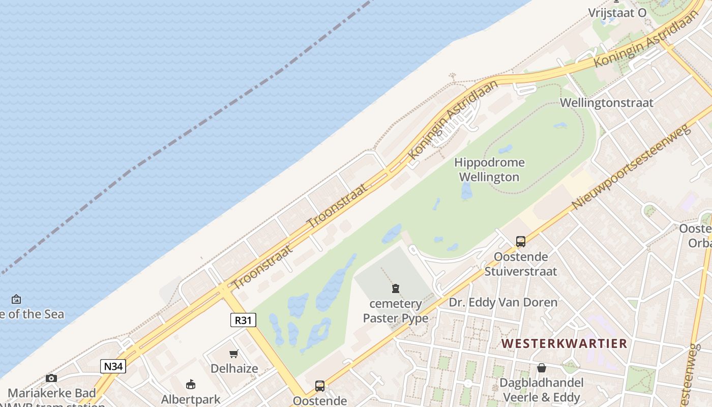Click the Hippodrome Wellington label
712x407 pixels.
489,170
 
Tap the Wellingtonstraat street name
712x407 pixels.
606,103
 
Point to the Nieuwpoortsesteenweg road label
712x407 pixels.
632,166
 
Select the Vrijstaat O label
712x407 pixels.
617,13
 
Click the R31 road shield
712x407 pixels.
243,320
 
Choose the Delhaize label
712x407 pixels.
234,368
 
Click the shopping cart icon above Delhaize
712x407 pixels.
234,354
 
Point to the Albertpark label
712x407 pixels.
191,399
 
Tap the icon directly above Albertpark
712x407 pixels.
191,384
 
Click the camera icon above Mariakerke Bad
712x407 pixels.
51,378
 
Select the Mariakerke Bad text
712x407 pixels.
51,393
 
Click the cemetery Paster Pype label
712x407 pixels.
396,311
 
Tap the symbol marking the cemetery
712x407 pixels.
396,289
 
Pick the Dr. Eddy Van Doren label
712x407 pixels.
503,302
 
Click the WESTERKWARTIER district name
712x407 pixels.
564,343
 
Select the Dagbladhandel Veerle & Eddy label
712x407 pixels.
541,390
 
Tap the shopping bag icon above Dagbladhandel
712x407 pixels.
542,367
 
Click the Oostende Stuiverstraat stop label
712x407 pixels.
520,264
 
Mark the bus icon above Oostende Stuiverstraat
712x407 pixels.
520,242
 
